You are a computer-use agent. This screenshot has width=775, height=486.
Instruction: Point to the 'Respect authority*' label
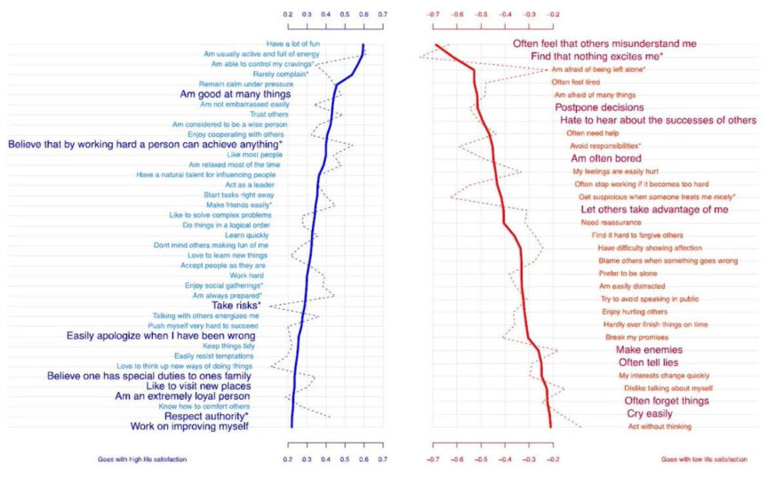click(206, 415)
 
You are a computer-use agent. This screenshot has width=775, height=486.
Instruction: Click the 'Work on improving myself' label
click(189, 426)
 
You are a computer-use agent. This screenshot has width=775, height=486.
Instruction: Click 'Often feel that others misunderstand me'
click(604, 43)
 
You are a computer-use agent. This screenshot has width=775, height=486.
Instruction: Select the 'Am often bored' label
click(605, 158)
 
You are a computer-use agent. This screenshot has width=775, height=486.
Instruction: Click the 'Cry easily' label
click(648, 414)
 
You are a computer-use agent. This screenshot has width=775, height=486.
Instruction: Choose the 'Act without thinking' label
click(659, 427)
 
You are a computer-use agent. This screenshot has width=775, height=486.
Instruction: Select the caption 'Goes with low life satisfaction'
click(704, 459)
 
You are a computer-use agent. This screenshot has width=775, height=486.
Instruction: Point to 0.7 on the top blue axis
click(382, 15)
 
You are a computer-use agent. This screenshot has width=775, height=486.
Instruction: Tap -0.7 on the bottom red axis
click(433, 459)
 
